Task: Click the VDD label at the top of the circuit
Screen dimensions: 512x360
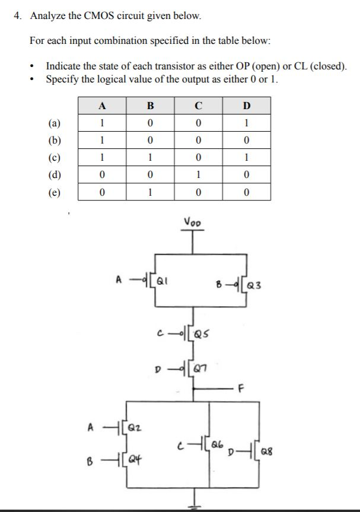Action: tap(192, 222)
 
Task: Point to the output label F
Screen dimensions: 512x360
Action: tap(257, 390)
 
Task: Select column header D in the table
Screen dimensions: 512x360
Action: tap(247, 107)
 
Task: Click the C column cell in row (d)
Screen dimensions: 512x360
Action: tap(199, 175)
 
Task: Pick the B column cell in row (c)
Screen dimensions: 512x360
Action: tap(150, 158)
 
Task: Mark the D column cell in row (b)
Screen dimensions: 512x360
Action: tap(247, 141)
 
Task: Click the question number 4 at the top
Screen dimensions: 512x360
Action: tap(18, 16)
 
